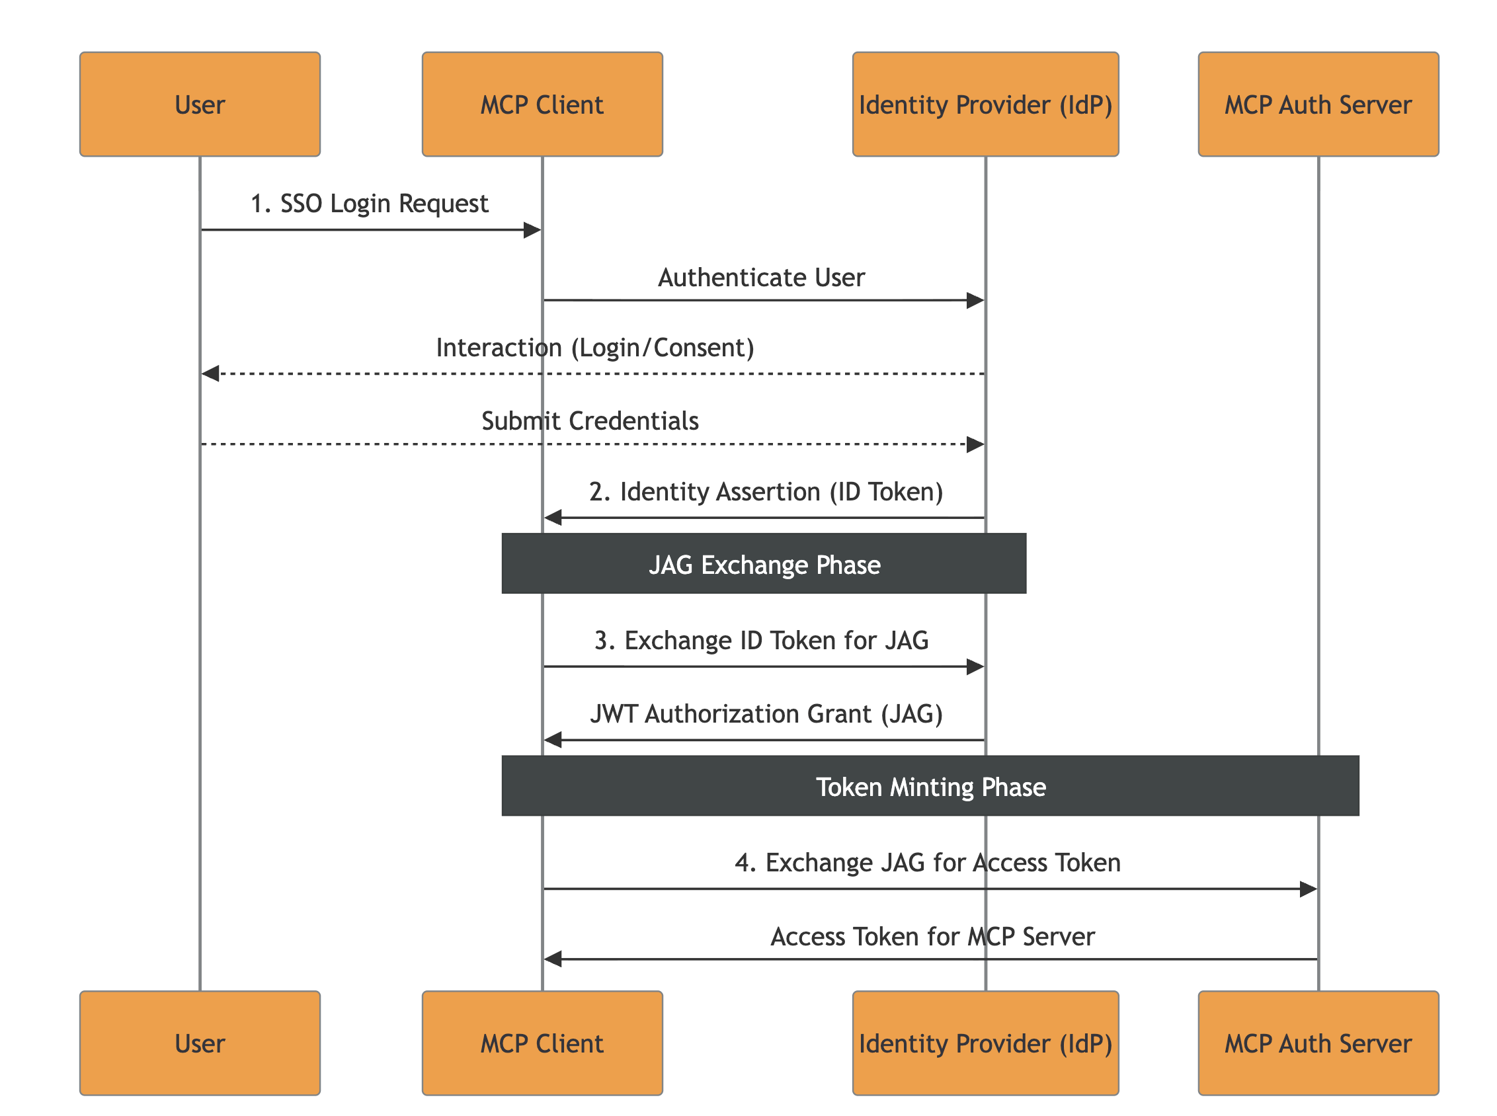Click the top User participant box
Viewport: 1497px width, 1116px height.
pos(200,104)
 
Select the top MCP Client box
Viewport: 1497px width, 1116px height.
pos(542,104)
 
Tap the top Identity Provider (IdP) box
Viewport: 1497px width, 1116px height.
pos(986,104)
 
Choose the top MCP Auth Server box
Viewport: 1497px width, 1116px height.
pos(1318,104)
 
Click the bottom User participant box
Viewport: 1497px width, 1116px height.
pos(200,1044)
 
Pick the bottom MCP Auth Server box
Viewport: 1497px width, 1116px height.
pos(1318,1044)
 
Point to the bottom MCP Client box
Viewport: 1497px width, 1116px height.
pos(542,1044)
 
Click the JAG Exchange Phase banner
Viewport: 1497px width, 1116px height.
pos(764,564)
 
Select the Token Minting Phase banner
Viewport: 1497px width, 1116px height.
pos(930,786)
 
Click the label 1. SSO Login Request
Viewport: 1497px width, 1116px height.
pos(369,204)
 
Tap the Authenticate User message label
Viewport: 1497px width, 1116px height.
pos(761,278)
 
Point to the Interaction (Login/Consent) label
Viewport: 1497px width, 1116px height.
pos(594,347)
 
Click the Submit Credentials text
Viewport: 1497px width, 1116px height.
pos(590,421)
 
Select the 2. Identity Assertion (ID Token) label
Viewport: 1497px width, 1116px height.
pos(766,492)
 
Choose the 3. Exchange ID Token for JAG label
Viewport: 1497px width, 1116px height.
pos(761,641)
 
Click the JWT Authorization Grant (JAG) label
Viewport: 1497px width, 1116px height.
pos(766,714)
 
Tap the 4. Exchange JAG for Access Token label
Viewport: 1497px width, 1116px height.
pos(928,863)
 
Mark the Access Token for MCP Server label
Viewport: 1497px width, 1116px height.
pos(932,937)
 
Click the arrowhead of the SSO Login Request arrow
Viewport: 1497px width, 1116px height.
pos(532,230)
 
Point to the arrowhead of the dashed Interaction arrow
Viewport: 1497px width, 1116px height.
pos(211,374)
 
